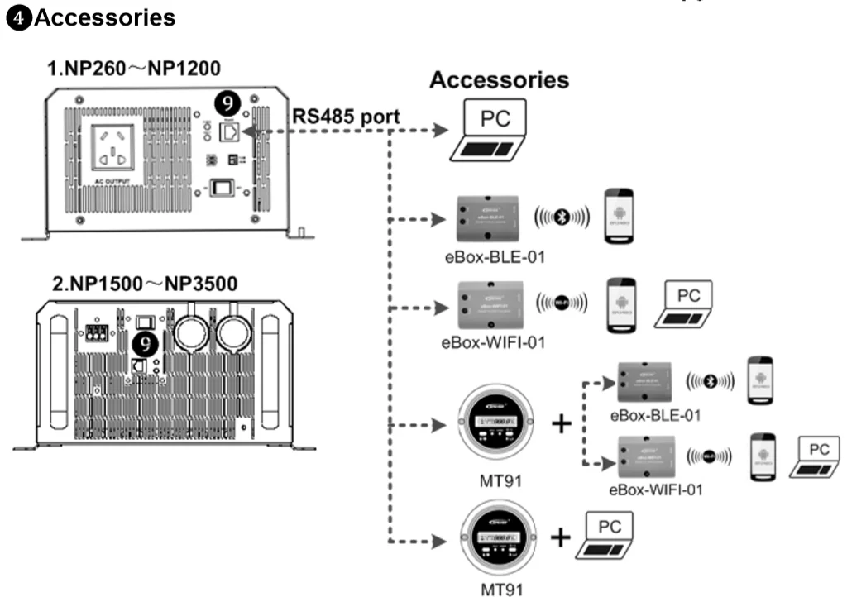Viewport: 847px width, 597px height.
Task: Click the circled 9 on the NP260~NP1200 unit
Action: tap(228, 103)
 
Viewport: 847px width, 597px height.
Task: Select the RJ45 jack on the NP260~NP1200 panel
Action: tap(229, 131)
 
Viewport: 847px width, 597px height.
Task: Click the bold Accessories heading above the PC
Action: tap(499, 80)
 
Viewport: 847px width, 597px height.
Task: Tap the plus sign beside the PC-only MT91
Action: tap(560, 538)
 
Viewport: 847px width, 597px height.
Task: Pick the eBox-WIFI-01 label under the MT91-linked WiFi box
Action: tap(655, 489)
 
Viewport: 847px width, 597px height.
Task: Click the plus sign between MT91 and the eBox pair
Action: tap(562, 423)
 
